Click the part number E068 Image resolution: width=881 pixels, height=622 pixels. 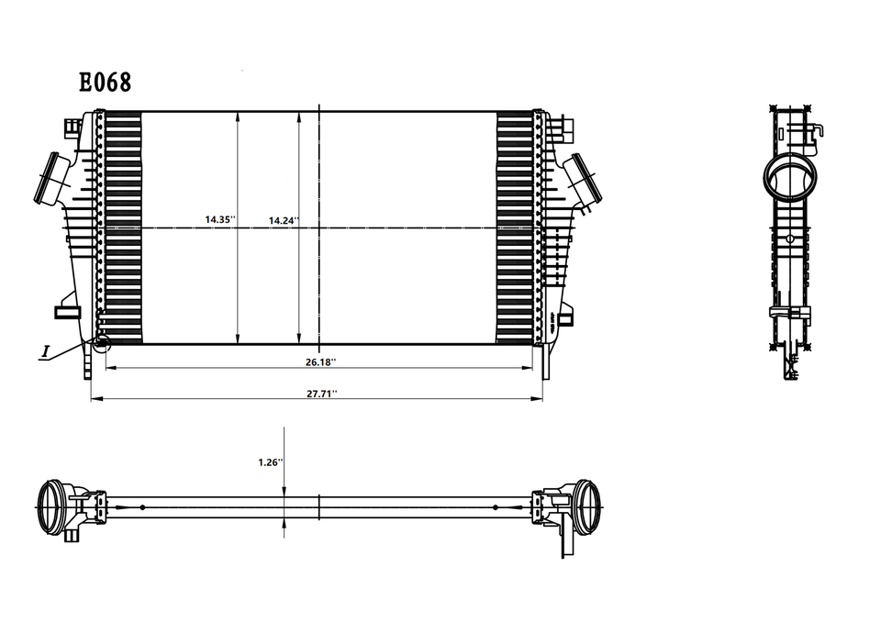(105, 83)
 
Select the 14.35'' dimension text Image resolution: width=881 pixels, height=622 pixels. (220, 220)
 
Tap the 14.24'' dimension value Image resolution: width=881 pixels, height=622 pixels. (284, 221)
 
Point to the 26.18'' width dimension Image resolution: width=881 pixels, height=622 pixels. (321, 362)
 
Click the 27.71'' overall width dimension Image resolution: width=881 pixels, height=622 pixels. (321, 393)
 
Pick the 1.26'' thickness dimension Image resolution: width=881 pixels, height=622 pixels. (270, 462)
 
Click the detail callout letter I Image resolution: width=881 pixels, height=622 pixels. (45, 351)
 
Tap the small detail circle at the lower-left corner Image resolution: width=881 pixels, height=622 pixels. (101, 344)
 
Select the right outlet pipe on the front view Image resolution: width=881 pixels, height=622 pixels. (584, 178)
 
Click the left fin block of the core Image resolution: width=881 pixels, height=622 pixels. (125, 228)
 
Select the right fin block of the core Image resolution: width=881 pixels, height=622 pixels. (514, 228)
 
